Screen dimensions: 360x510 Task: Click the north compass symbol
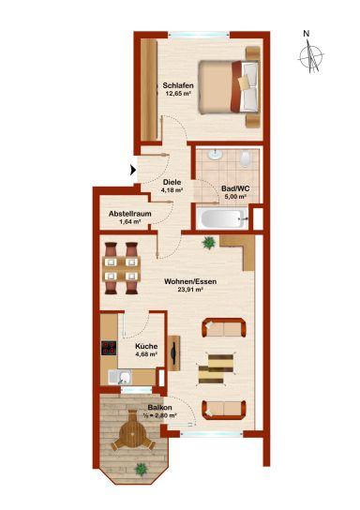coord(311,56)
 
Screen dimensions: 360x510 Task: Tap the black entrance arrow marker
coord(133,170)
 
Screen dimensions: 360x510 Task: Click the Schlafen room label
coord(178,85)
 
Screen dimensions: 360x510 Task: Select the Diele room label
coord(172,182)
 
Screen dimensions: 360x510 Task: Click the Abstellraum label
coord(129,214)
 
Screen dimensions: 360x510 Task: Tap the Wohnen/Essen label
coord(190,281)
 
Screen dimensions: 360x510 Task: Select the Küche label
coord(146,346)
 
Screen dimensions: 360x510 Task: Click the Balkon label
coord(159,408)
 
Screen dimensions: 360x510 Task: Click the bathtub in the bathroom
coord(223,218)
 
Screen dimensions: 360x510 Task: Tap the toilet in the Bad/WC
coord(245,158)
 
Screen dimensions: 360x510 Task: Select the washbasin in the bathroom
coord(215,155)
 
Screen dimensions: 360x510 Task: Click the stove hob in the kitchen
coord(109,348)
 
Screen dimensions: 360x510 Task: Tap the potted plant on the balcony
coord(141,469)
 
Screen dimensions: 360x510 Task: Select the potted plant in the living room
coord(208,242)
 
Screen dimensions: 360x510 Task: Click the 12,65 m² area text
coord(178,93)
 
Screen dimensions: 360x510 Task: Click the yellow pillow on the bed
coord(245,82)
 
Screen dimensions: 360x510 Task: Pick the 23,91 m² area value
coord(190,289)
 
